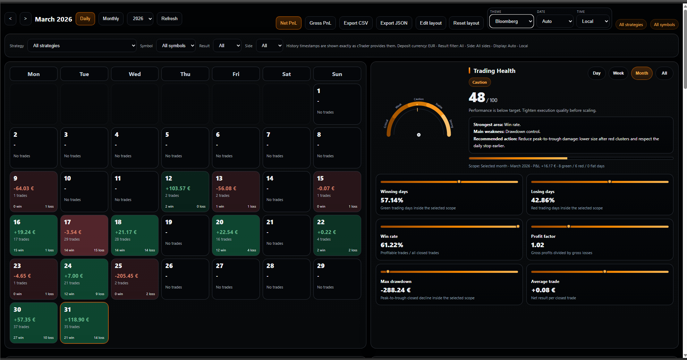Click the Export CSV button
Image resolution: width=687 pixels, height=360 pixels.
tap(356, 23)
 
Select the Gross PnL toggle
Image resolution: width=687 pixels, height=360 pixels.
tap(320, 23)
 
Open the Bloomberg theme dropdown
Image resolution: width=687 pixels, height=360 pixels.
tap(511, 22)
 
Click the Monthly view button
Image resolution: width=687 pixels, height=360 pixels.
tap(111, 19)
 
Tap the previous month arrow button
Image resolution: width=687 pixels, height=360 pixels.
tap(10, 19)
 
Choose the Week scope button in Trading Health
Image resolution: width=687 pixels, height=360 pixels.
tap(618, 73)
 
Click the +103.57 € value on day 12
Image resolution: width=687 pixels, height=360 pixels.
tap(178, 189)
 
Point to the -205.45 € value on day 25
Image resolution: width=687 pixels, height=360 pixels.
tap(127, 276)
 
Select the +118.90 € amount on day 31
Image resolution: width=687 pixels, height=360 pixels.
tap(77, 320)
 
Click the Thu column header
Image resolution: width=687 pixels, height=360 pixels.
tap(185, 74)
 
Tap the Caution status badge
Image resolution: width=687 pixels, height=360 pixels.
tap(480, 82)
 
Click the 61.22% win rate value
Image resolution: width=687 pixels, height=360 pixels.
tap(392, 245)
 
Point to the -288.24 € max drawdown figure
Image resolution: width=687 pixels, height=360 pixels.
tap(396, 290)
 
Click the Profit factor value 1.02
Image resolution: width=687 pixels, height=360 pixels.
tap(537, 245)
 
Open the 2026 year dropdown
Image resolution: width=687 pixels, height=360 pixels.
tap(140, 19)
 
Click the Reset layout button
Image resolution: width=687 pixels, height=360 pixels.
tap(466, 23)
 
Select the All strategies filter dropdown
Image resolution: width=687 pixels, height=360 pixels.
tap(82, 46)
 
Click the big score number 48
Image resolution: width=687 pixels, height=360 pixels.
tap(477, 98)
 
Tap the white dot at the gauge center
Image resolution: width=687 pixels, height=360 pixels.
tap(419, 135)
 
